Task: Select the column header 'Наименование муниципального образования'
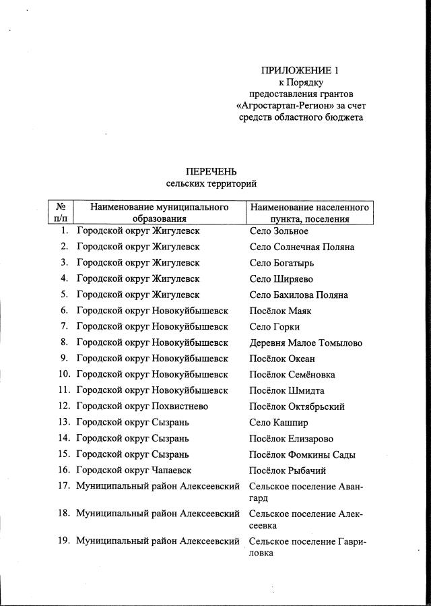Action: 159,212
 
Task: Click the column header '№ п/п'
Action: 60,212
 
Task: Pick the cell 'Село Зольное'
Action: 278,231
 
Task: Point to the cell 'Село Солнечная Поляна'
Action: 301,247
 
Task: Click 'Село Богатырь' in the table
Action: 281,263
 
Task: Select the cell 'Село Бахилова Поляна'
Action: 298,295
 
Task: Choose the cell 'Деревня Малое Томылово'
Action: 305,342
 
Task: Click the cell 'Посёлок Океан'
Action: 281,359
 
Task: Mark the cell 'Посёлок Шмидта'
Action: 286,390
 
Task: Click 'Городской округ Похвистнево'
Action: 142,406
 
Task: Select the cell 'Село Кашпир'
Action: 278,423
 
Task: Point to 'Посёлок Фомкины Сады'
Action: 302,454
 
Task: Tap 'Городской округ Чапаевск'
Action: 135,471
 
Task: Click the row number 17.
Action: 64,487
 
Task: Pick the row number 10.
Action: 64,375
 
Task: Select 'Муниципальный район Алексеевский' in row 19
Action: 158,541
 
